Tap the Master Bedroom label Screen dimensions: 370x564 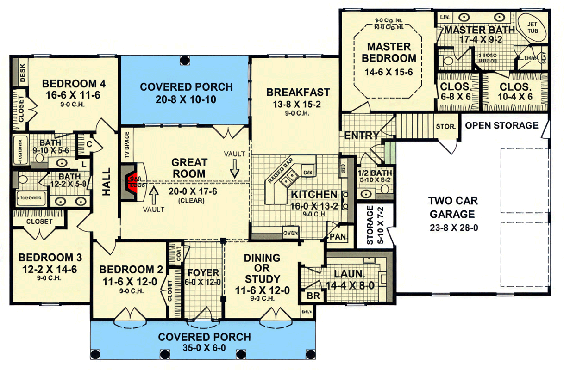tap(389, 52)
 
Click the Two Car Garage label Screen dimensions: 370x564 tap(451, 208)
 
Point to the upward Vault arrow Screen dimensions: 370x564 tap(153, 192)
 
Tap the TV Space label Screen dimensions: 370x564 tap(127, 145)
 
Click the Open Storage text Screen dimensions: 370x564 tap(501, 125)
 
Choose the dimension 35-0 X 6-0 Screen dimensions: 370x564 tap(204, 348)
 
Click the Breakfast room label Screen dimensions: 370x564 tap(298, 92)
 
